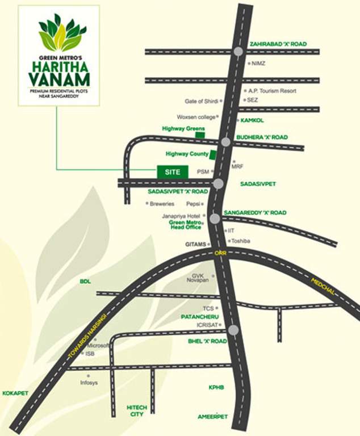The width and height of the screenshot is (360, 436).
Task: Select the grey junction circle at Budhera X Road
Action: coord(226,142)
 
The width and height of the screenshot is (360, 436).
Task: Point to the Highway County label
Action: coord(186,154)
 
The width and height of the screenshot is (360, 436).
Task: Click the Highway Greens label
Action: coord(183,129)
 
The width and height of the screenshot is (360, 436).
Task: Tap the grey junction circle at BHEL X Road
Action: coord(233,330)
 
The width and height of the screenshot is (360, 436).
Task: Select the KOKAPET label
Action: coord(15,393)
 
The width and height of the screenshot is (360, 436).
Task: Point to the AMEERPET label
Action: coord(212,416)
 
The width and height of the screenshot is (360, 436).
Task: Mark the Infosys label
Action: coord(89,383)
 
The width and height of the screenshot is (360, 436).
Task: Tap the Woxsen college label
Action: coord(196,117)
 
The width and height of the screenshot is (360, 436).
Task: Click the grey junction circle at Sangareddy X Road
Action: coord(215,219)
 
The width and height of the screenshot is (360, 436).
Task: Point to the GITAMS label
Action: coord(194,244)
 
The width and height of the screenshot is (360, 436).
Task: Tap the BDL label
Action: coord(85,281)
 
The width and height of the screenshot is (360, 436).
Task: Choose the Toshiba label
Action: coord(241,241)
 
